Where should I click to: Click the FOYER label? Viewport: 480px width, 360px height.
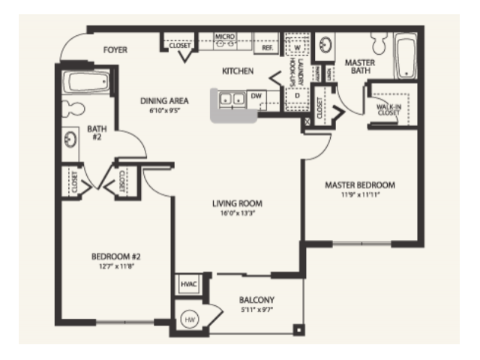pyautogui.click(x=115, y=50)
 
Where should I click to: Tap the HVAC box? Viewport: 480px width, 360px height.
pyautogui.click(x=187, y=284)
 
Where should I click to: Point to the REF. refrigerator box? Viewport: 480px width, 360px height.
pyautogui.click(x=266, y=46)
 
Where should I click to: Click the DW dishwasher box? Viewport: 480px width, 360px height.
pyautogui.click(x=256, y=97)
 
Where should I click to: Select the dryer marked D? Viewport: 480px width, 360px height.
pyautogui.click(x=296, y=97)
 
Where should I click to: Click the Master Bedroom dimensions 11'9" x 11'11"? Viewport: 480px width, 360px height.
pyautogui.click(x=359, y=196)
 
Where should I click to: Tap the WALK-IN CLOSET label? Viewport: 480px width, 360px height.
pyautogui.click(x=388, y=111)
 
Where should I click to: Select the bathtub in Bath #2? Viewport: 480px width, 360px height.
pyautogui.click(x=88, y=82)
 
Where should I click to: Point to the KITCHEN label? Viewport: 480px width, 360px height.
pyautogui.click(x=238, y=71)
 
